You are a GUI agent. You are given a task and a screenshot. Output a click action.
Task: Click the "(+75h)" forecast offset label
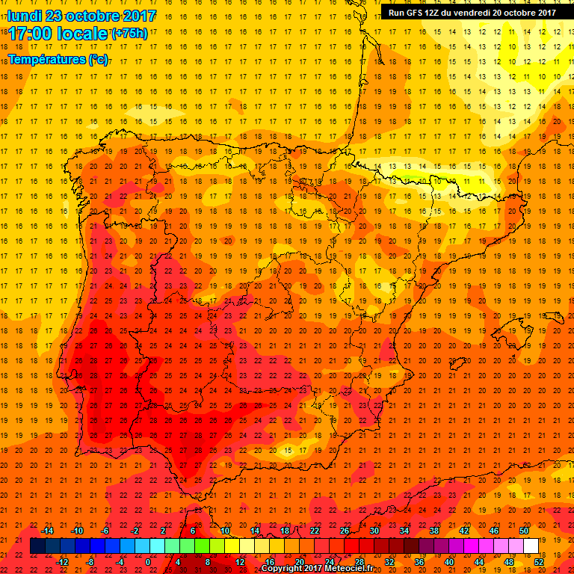[x=129, y=34]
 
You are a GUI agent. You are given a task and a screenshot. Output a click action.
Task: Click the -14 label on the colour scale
[x=48, y=531]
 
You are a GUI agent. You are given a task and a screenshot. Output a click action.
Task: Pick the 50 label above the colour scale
[x=524, y=531]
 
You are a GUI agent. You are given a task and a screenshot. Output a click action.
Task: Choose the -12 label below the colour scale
[x=63, y=562]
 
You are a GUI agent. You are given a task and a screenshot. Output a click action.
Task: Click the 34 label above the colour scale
[x=404, y=531]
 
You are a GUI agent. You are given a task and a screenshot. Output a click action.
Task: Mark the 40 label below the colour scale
[x=449, y=562]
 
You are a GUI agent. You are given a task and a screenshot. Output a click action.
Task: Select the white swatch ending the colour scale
[x=531, y=546]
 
